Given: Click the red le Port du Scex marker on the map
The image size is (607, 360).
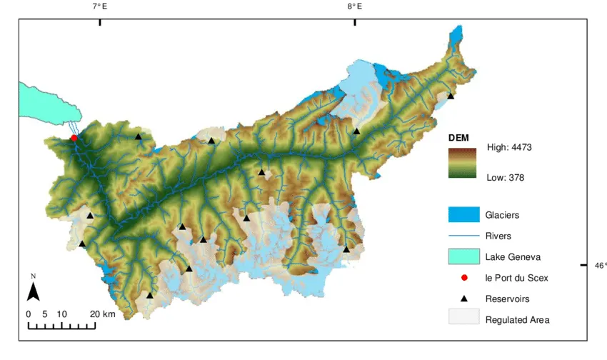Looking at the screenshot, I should tap(74, 138).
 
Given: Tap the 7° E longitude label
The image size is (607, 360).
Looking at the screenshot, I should tap(99, 7).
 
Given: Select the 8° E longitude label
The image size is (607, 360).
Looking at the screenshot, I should tap(354, 7).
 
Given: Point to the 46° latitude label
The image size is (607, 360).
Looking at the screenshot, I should tap(601, 265).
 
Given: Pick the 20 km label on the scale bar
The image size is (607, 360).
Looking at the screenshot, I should tap(102, 314).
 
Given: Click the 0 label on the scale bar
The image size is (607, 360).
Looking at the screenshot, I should tap(29, 314).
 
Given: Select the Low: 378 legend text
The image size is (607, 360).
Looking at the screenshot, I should tap(506, 176).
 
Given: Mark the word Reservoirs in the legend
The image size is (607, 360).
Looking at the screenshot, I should tap(507, 299).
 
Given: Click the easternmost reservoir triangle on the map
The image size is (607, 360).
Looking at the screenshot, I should tap(451, 96).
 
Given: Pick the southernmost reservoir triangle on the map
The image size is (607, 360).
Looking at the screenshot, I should tap(150, 295).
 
